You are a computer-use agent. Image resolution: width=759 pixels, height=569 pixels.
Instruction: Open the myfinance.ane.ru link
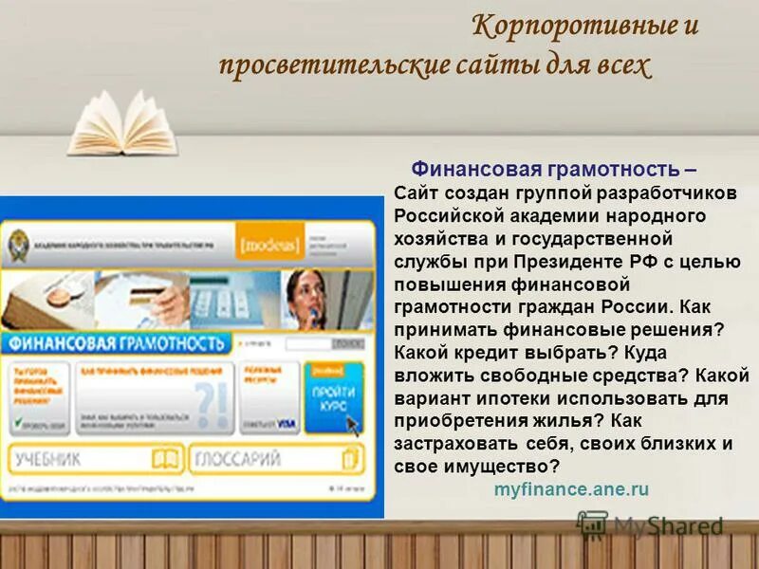[x=571, y=489]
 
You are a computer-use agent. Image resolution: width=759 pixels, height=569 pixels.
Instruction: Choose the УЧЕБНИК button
[x=96, y=460]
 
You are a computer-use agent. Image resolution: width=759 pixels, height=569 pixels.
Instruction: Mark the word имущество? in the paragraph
[x=504, y=468]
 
